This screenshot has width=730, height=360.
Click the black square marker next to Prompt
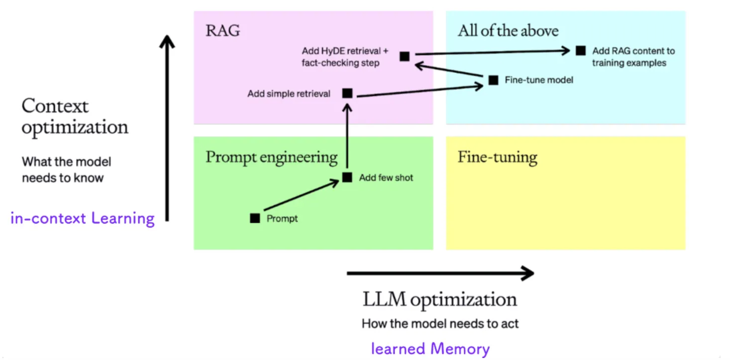[x=255, y=218]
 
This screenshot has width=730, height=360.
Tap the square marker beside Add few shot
[x=347, y=177]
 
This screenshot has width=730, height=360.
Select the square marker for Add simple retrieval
[x=347, y=93]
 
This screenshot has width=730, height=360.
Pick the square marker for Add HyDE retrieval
[x=405, y=56]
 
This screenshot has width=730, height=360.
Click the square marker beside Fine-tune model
[x=494, y=80]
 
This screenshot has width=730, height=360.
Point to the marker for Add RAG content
[x=580, y=51]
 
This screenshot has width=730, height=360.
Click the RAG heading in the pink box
[x=223, y=31]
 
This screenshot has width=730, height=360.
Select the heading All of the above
[x=508, y=31]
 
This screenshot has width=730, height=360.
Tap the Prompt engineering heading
[x=272, y=157]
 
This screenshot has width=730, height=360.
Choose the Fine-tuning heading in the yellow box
[x=498, y=157]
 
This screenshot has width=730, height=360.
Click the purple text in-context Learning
[x=83, y=218]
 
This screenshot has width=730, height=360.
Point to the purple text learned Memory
[x=430, y=349]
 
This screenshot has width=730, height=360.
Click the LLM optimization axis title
[x=440, y=300]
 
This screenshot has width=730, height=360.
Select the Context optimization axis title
[x=75, y=117]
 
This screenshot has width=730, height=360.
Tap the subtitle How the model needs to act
[x=440, y=324]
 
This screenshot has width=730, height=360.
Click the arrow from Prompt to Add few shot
[x=301, y=195]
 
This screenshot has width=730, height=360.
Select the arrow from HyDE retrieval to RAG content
[x=493, y=52]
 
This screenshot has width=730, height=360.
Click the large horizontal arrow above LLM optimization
[x=440, y=273]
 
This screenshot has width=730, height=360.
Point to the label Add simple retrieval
[x=289, y=94]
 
